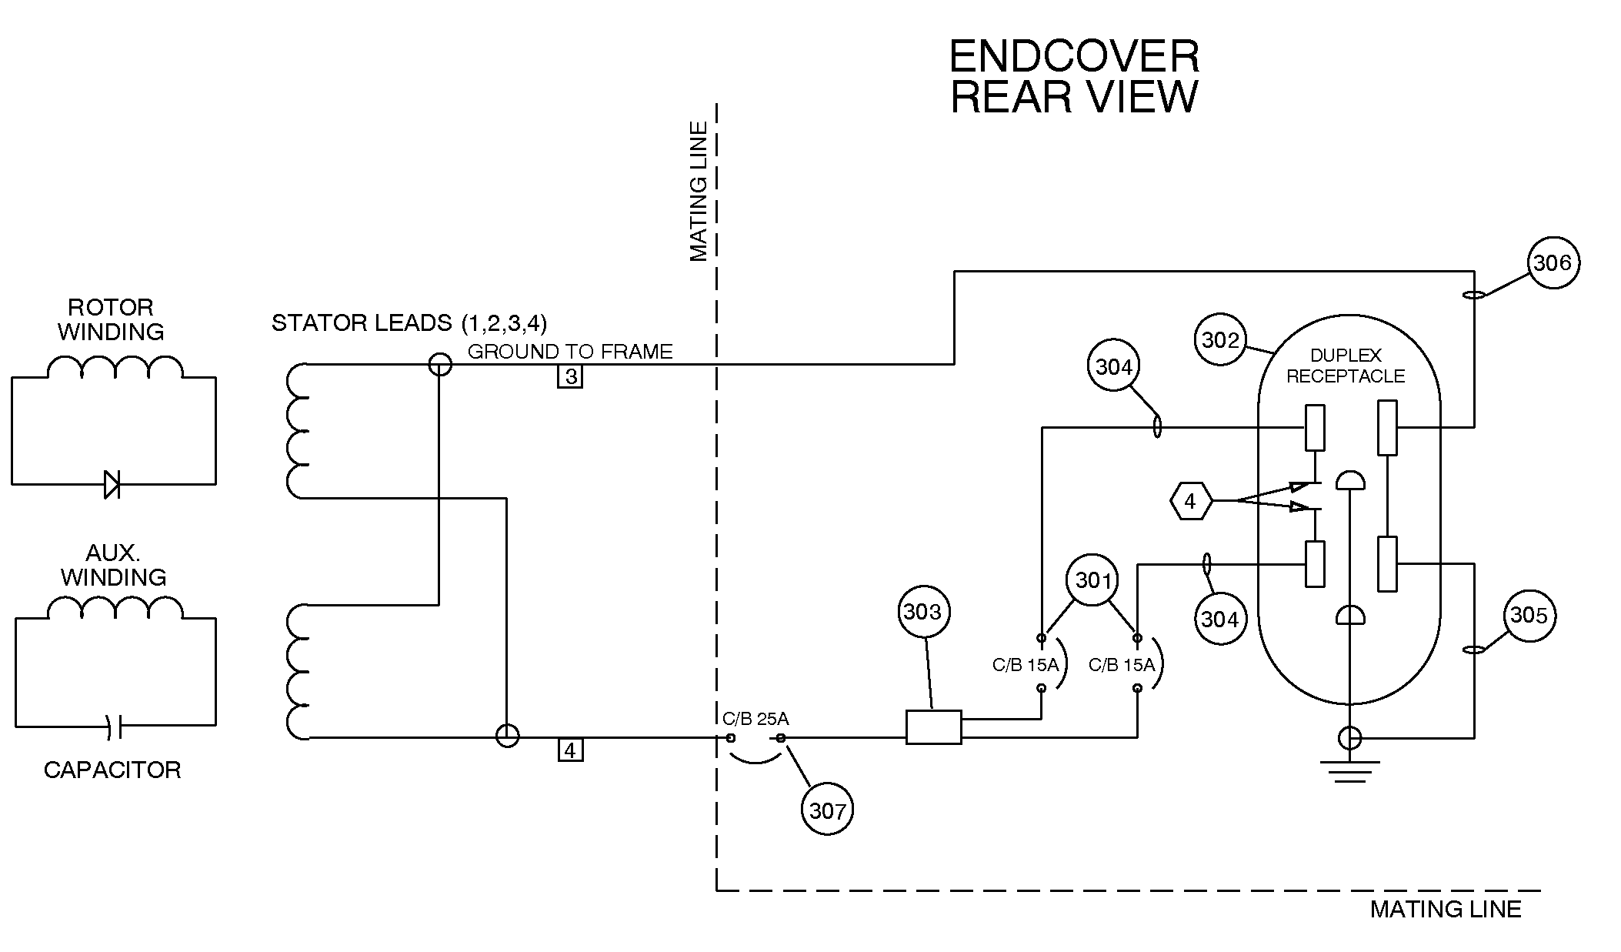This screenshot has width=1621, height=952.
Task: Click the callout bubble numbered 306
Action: click(1552, 263)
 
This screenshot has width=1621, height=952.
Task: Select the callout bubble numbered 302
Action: click(1220, 339)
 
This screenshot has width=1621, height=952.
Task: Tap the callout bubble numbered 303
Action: click(922, 612)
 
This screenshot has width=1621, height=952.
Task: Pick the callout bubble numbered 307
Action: click(827, 810)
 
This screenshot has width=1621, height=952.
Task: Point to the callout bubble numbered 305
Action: click(1528, 616)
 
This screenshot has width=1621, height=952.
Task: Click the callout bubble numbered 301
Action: click(1092, 580)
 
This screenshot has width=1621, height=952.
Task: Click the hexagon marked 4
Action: click(1190, 502)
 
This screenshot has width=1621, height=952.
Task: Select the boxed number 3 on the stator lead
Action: click(570, 377)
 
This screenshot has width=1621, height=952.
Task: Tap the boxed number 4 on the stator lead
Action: click(570, 750)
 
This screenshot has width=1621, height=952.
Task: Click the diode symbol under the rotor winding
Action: click(112, 484)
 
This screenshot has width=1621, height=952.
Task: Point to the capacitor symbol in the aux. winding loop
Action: click(115, 726)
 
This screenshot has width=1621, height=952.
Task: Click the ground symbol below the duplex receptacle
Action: click(1349, 770)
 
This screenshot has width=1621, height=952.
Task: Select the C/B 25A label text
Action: click(755, 719)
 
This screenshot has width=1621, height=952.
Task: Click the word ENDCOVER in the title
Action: click(1074, 57)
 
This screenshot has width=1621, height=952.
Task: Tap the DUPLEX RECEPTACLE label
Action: click(1346, 366)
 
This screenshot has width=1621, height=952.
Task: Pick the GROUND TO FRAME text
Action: click(570, 352)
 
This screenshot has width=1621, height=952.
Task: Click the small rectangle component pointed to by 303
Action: click(933, 727)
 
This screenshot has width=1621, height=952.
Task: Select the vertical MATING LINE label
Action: click(698, 192)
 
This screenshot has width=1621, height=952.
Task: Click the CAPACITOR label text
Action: click(112, 770)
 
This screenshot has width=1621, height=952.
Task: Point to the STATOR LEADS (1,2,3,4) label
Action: click(409, 322)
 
